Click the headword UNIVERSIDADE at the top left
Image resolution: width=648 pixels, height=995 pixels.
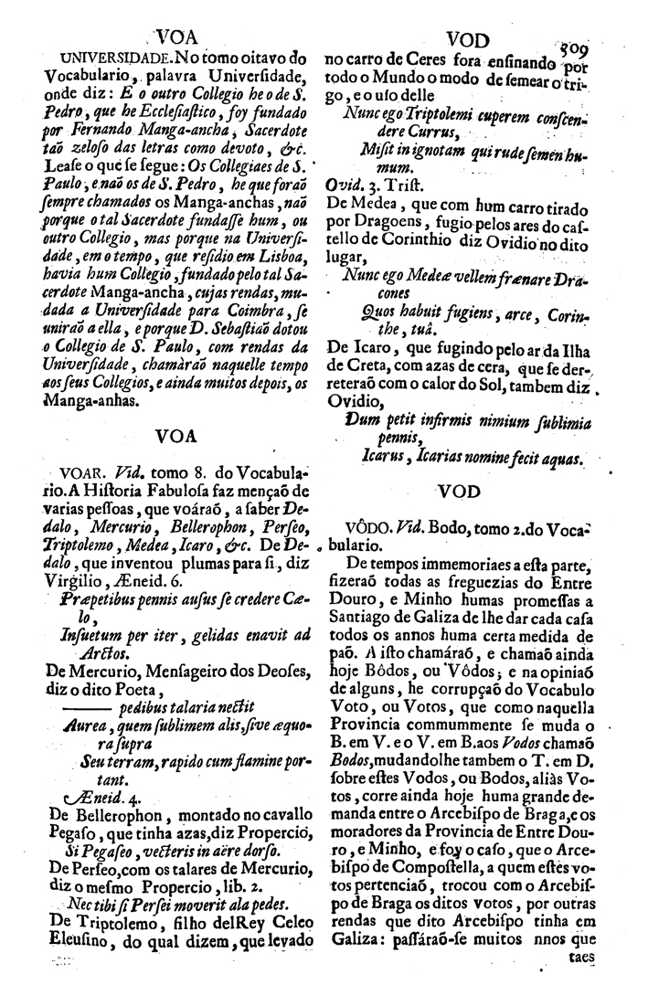pos(108,60)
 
